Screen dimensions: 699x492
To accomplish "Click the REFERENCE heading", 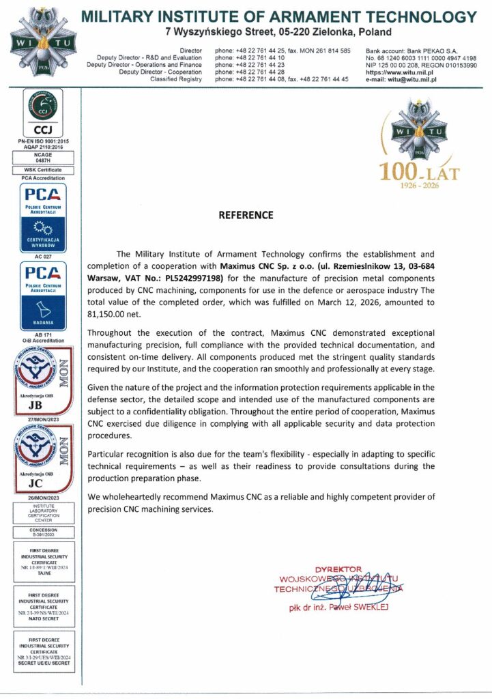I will point(246,215).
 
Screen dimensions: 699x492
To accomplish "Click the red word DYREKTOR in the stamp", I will point(338,569).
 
